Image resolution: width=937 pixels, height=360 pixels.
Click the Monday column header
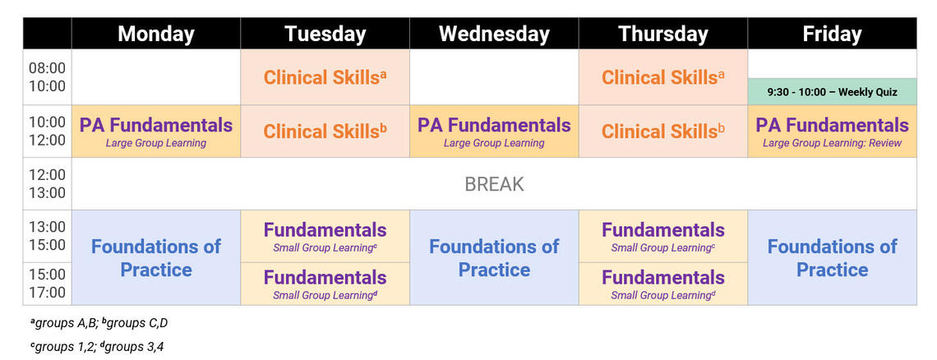coord(156,34)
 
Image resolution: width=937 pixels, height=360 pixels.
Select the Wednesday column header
coord(494,34)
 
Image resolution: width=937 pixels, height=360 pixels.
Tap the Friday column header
coord(832,34)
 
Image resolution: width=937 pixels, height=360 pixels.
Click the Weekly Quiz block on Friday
coord(832,92)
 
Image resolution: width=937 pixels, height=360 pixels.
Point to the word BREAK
coord(494,184)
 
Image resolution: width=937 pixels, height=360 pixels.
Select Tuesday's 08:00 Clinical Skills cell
coord(325,77)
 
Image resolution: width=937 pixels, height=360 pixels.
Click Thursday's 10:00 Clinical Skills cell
coord(663,132)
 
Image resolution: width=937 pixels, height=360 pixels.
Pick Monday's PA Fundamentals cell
coord(156,132)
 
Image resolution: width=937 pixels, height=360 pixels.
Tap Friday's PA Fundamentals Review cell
coord(832,132)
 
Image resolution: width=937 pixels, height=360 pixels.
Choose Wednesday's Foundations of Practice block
coord(494,258)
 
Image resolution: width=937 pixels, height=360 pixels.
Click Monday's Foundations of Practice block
coord(156,258)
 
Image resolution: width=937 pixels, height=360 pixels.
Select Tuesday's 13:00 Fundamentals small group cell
coord(325,236)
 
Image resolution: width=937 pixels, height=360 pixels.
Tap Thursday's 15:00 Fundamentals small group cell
coord(663,284)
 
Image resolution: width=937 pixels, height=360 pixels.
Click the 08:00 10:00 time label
coord(47,77)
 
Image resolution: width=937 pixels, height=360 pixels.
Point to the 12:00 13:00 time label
coord(47,184)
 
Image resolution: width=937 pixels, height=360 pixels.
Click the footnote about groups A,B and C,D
coord(99,324)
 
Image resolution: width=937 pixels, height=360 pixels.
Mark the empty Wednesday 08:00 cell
coord(494,77)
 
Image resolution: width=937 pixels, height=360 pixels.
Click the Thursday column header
coord(663,34)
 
